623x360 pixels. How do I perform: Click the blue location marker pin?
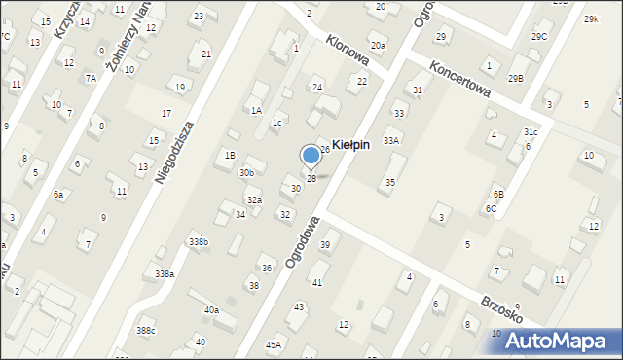(311, 156)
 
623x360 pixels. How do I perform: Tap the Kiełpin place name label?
(350, 144)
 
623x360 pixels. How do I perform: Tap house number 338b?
(198, 241)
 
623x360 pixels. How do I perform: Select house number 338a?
(165, 274)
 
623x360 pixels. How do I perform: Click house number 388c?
(145, 331)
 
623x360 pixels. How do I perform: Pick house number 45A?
(274, 343)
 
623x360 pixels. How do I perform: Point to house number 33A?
(391, 140)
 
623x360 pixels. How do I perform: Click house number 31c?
(530, 131)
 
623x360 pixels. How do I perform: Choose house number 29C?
(539, 37)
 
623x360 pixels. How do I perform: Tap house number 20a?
(378, 46)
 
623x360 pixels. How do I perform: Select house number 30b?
(247, 172)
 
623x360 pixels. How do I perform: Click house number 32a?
(253, 199)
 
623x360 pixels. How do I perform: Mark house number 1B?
(230, 155)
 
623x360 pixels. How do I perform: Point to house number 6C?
(492, 208)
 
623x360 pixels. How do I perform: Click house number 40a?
(211, 309)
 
